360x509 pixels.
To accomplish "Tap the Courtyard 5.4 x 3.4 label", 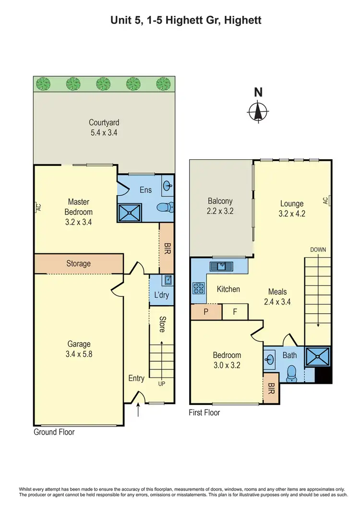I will [x=104, y=127].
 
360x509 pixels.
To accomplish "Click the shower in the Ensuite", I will [x=131, y=211].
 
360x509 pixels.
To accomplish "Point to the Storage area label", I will [x=78, y=263].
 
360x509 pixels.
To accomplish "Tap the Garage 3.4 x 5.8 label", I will [x=79, y=349].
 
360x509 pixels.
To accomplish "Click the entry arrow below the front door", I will [x=139, y=410].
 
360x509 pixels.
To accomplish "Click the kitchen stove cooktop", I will [x=198, y=288].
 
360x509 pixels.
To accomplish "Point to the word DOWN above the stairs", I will [x=318, y=250].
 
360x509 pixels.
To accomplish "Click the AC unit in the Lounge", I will [x=326, y=200].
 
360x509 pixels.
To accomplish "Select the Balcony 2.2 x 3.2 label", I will [x=220, y=206].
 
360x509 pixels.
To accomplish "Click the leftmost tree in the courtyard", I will [x=43, y=84].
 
